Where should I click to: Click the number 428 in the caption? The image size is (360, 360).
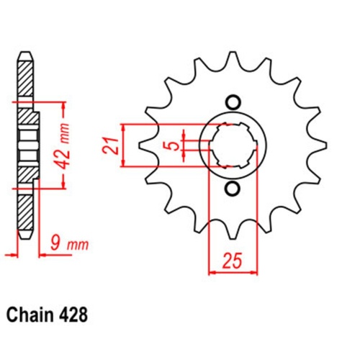pos(78,315)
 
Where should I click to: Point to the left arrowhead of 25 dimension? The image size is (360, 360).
pos(212,272)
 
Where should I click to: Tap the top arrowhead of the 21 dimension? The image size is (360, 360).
pos(127,127)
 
